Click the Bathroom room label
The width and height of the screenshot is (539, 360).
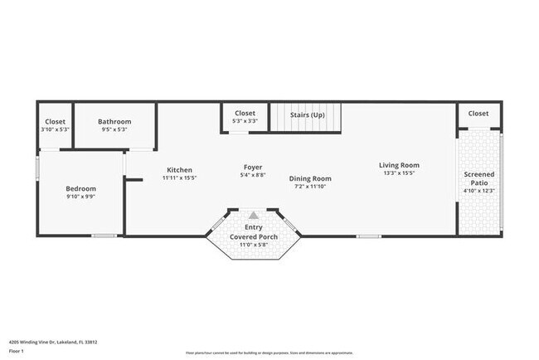pos(114,121)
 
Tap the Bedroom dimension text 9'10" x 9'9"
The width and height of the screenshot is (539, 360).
pos(81,197)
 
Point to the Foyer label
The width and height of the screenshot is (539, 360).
pos(253,167)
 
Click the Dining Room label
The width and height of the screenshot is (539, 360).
pos(310,178)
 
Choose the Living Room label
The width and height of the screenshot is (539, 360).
pos(399,165)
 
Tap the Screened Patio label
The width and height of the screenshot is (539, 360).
pos(479,179)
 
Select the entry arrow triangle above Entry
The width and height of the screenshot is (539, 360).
pos(254,214)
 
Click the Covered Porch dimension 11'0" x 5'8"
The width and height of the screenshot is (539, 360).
pos(254,245)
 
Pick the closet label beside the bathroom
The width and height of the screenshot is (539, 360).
pos(56,121)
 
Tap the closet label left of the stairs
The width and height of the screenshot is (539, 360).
pos(245,113)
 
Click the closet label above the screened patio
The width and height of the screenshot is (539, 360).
pos(478,113)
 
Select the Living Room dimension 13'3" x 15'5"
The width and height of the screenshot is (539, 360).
pos(399,173)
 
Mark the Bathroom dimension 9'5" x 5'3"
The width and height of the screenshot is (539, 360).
pos(114,129)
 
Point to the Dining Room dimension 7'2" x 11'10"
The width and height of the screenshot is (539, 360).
pos(310,187)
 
